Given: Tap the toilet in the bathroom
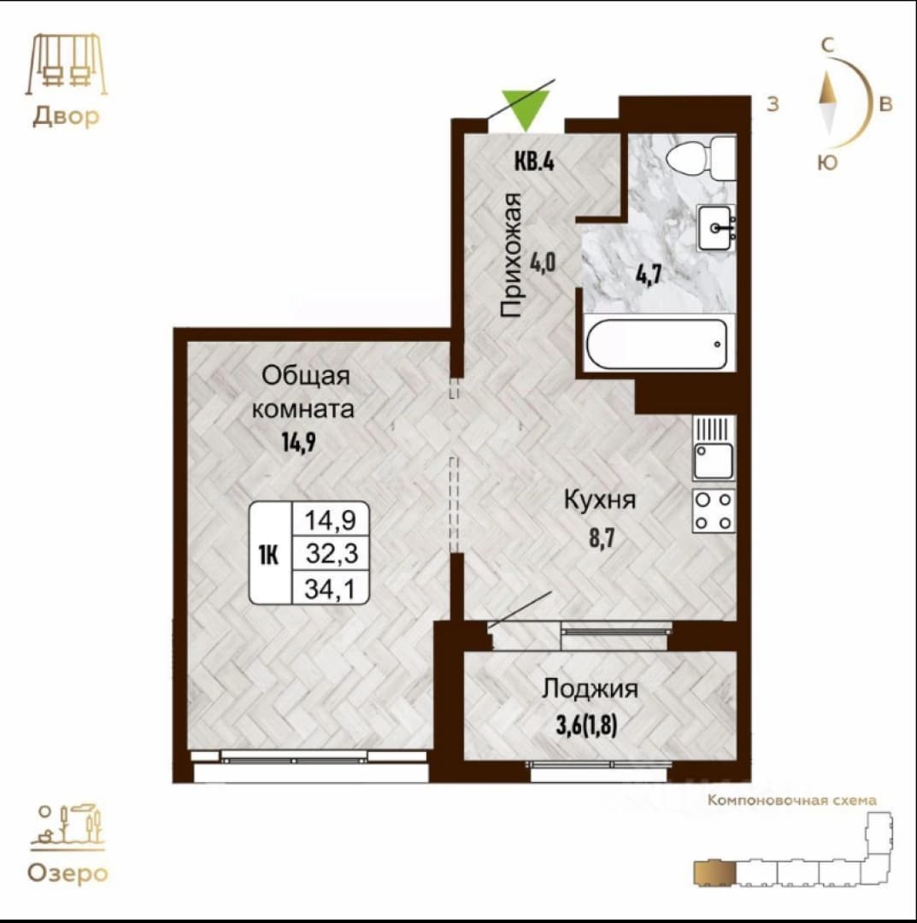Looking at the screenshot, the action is coord(701,158).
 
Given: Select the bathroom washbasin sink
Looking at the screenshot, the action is coord(716,227).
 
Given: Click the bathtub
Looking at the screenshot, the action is coord(657,344).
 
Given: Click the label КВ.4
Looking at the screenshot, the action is coord(534,161).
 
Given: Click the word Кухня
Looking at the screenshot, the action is coord(600,500).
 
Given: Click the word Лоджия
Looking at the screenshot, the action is coord(590,688).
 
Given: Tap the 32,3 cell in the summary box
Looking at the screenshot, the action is coord(332,554).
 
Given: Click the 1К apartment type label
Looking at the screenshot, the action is coord(268,555).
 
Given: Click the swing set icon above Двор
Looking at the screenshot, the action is coord(66,63).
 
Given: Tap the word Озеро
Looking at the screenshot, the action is coord(68,873).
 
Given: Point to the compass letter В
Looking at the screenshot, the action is coord(885,104).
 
